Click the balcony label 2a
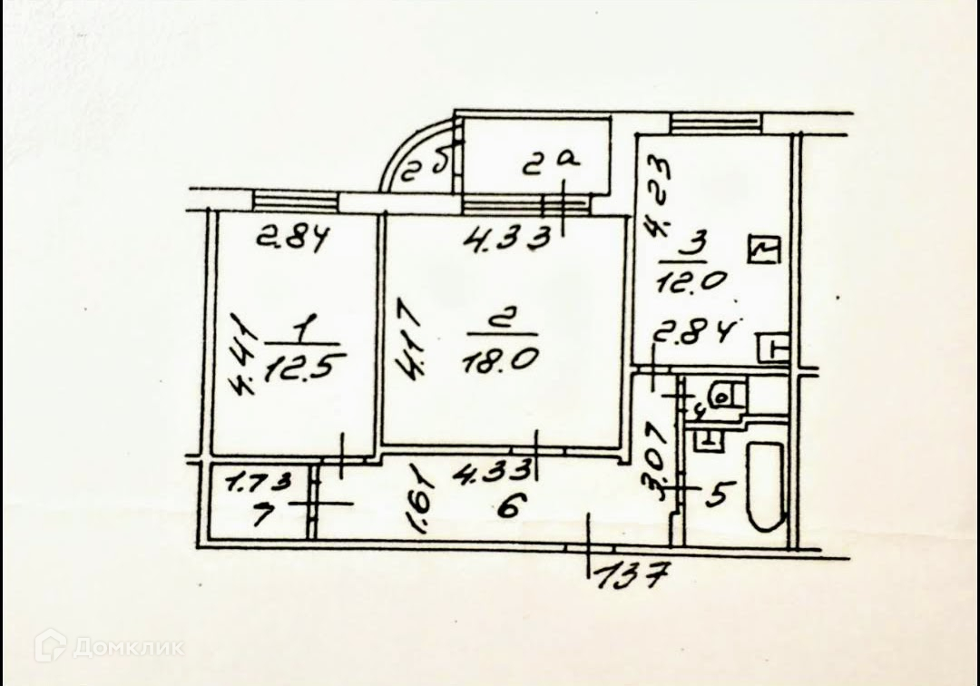[552, 162]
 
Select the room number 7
[237, 516]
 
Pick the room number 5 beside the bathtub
[717, 495]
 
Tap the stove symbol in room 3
[764, 250]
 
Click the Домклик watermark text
[128, 647]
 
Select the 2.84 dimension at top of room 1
[290, 240]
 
